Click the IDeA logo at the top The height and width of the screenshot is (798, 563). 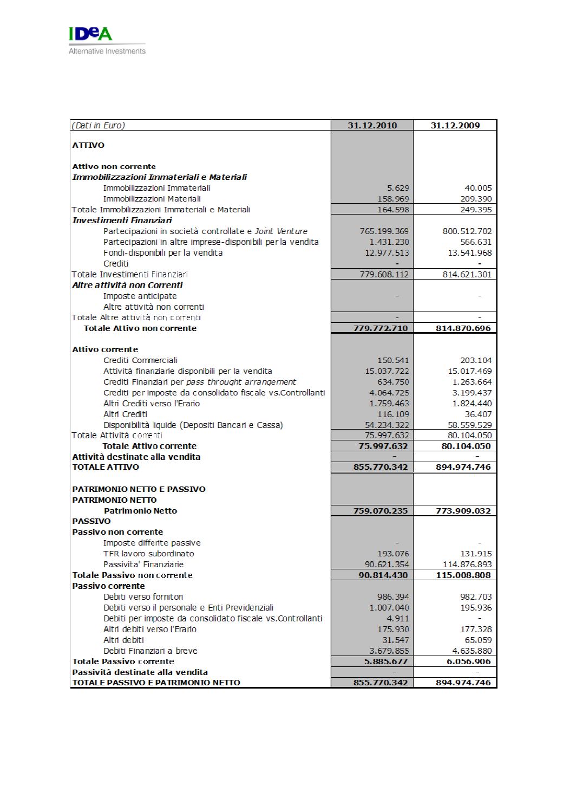pyautogui.click(x=90, y=34)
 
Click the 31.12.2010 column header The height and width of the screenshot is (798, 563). pyautogui.click(x=372, y=125)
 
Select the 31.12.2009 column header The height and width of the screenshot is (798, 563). pyautogui.click(x=455, y=125)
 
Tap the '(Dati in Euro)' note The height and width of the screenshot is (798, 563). pyautogui.click(x=99, y=125)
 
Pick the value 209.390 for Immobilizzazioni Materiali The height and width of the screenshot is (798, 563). pyautogui.click(x=476, y=199)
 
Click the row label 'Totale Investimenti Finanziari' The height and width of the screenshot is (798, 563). pyautogui.click(x=130, y=275)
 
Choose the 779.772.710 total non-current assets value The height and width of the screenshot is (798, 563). pyautogui.click(x=381, y=328)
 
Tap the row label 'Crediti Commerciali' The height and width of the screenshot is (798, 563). pyautogui.click(x=140, y=360)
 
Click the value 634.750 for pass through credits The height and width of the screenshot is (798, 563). pyautogui.click(x=393, y=382)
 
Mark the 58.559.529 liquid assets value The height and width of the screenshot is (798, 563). pyautogui.click(x=470, y=425)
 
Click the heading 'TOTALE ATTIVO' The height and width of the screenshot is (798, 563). pyautogui.click(x=106, y=468)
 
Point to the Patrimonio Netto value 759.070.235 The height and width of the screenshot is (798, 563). pyautogui.click(x=381, y=511)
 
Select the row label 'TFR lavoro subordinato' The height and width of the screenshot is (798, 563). pyautogui.click(x=148, y=554)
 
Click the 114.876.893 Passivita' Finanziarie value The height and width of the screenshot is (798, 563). pyautogui.click(x=467, y=565)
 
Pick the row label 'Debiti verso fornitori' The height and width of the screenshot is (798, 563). pyautogui.click(x=143, y=597)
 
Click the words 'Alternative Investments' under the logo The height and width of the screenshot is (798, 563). pyautogui.click(x=107, y=51)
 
